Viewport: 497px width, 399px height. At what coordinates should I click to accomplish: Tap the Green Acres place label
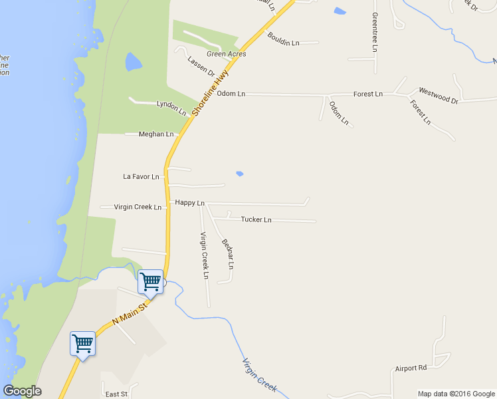pyautogui.click(x=226, y=54)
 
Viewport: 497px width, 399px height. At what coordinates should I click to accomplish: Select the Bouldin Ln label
pyautogui.click(x=284, y=39)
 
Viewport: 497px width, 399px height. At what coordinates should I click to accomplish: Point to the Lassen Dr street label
pyautogui.click(x=201, y=66)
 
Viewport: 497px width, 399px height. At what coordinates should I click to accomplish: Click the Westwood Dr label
pyautogui.click(x=438, y=95)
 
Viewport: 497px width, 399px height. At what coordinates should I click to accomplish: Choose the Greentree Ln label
pyautogui.click(x=375, y=32)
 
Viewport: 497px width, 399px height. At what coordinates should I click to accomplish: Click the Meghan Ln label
pyautogui.click(x=156, y=134)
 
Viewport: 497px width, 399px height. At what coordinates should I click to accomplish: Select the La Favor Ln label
pyautogui.click(x=142, y=177)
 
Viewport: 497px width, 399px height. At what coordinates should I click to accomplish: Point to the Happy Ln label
pyautogui.click(x=189, y=202)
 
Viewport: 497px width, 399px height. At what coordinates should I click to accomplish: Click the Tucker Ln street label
pyautogui.click(x=256, y=219)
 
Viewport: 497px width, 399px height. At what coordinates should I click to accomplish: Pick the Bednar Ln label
pyautogui.click(x=227, y=253)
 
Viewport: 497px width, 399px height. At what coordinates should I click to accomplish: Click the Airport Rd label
pyautogui.click(x=410, y=368)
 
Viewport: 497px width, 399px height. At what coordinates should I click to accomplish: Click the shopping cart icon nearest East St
pyautogui.click(x=82, y=344)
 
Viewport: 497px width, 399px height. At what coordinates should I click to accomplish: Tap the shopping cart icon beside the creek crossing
pyautogui.click(x=150, y=281)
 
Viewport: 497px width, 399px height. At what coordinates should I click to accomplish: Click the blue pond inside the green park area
pyautogui.click(x=133, y=63)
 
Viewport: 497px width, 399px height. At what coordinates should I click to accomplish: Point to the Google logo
pyautogui.click(x=22, y=391)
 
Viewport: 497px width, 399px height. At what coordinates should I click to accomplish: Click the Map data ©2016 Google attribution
pyautogui.click(x=456, y=394)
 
